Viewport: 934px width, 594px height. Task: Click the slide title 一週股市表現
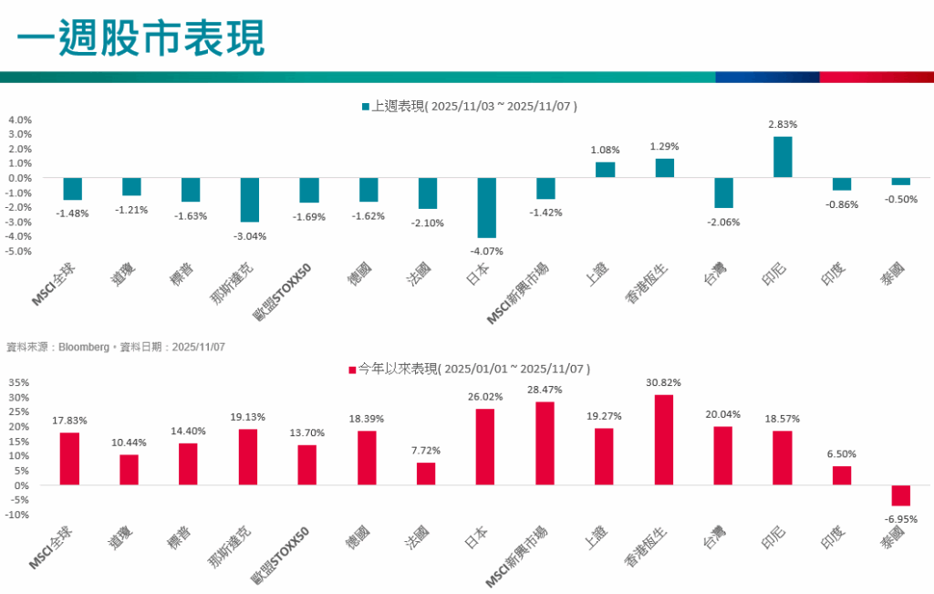[x=140, y=39]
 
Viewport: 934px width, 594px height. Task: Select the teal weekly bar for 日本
[x=486, y=207]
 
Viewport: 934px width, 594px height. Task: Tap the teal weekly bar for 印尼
[x=782, y=157]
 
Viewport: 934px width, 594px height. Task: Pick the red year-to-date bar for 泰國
[x=900, y=495]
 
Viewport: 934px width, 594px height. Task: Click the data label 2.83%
[x=782, y=125]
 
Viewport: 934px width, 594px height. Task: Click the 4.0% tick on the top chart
[x=20, y=120]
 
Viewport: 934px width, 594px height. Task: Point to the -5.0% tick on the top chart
[x=20, y=251]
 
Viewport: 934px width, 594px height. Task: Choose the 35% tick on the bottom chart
[x=20, y=383]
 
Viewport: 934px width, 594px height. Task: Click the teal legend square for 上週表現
[x=365, y=107]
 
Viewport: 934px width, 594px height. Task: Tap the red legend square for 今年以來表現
[x=351, y=370]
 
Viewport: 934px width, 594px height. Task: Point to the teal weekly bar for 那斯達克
[x=249, y=200]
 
